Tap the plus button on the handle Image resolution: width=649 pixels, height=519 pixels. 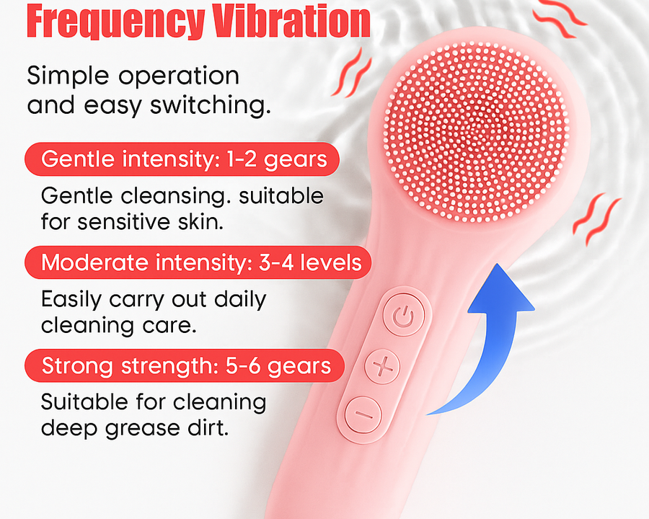(x=382, y=366)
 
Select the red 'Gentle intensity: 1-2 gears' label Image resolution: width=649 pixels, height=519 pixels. (x=182, y=159)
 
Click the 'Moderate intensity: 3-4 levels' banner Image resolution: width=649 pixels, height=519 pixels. (x=198, y=262)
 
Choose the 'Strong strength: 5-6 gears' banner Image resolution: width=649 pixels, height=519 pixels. (x=185, y=366)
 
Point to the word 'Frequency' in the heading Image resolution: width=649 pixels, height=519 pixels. (x=116, y=23)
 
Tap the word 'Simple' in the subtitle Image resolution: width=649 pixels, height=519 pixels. (x=68, y=76)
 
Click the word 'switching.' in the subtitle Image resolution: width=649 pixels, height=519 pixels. (x=211, y=105)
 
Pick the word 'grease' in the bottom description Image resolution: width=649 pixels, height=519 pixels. (x=143, y=429)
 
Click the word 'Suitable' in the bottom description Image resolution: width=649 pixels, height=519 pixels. (x=85, y=402)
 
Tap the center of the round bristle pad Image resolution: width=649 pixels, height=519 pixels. (x=477, y=132)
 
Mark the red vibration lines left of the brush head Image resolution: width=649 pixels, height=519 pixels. (x=351, y=72)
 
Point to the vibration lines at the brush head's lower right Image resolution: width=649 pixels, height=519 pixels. (x=596, y=218)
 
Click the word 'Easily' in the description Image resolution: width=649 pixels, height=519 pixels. (x=71, y=300)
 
